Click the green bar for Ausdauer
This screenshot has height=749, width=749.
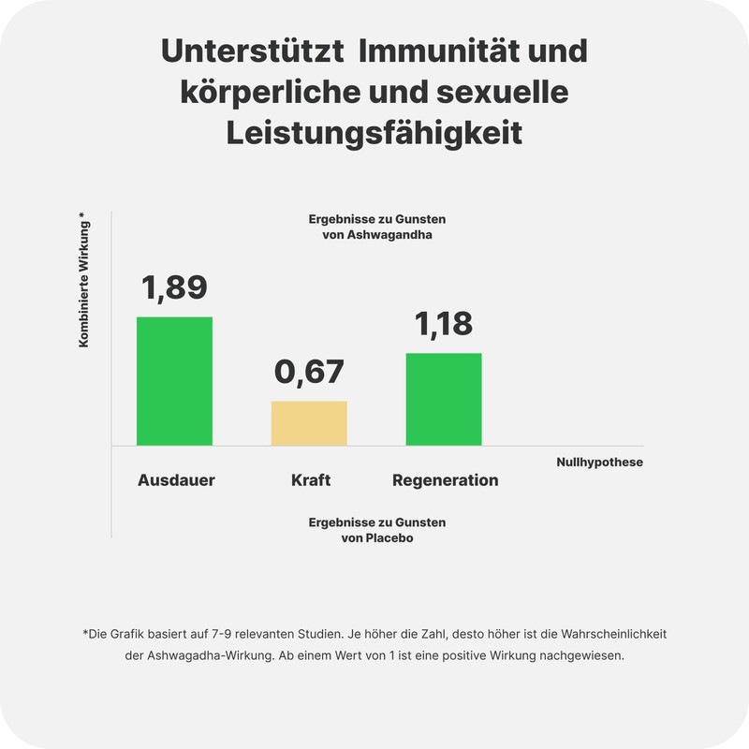174,381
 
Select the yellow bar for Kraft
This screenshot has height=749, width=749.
309,423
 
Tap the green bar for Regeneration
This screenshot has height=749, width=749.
443,399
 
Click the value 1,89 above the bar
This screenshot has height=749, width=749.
174,287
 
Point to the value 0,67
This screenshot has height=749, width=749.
309,372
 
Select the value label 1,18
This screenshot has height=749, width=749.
444,324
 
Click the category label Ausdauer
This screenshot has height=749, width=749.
176,480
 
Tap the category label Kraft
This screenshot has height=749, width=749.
311,480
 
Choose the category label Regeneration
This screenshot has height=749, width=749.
445,480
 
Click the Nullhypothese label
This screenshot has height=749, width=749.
599,462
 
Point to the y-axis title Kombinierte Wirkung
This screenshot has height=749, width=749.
83,281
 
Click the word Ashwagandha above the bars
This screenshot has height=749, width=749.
389,235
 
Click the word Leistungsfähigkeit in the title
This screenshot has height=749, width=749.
374,133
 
